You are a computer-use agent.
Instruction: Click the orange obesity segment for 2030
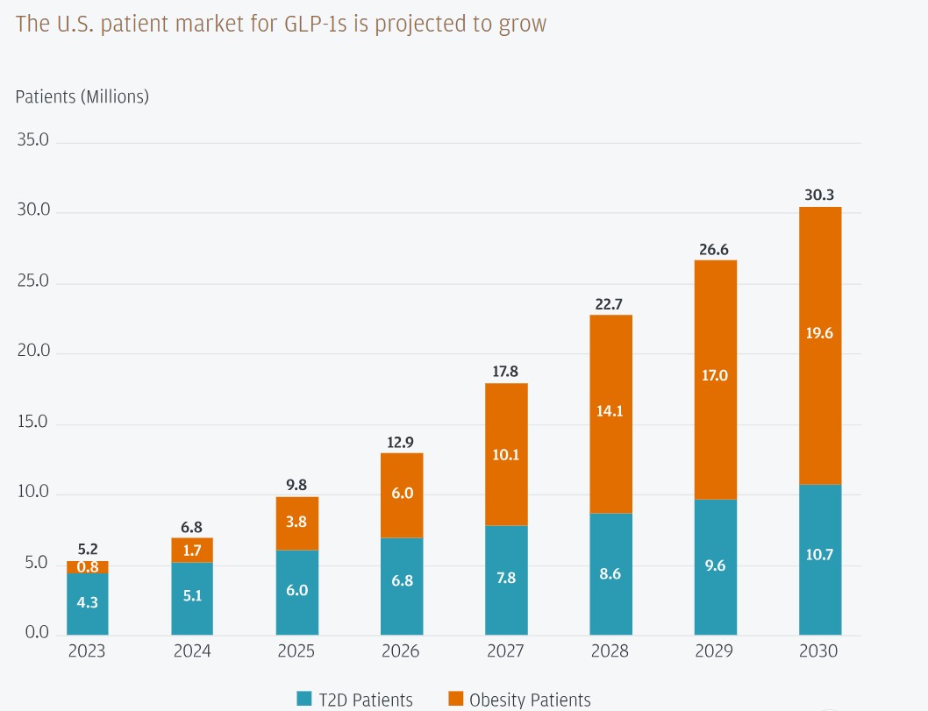820,345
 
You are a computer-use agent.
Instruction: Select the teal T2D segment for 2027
506,579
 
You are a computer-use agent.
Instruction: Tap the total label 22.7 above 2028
609,304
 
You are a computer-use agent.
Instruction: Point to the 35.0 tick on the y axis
33,139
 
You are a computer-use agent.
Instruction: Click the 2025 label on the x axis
296,651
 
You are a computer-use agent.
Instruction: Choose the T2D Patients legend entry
354,700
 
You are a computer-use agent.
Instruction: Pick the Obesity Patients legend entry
519,700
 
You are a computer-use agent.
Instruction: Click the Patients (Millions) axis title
82,96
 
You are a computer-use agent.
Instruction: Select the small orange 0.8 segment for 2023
88,566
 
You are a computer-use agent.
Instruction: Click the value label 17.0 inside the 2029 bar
715,375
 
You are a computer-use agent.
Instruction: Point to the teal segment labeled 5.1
192,598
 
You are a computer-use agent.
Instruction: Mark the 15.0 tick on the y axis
33,422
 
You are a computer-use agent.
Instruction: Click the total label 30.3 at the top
819,196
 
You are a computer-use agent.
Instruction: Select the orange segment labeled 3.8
297,523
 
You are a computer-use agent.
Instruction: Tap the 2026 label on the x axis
401,651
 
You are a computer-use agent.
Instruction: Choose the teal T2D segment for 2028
610,573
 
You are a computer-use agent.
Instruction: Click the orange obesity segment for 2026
402,495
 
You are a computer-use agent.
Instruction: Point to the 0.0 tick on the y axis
37,632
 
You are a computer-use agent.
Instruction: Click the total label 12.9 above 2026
400,443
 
